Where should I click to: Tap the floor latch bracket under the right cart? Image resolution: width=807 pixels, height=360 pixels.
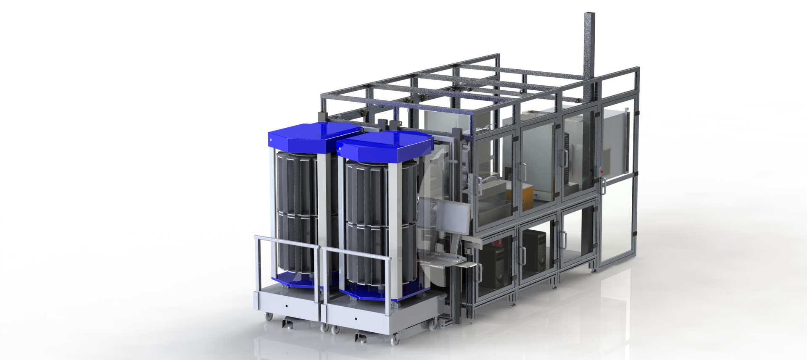[x=361, y=336]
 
